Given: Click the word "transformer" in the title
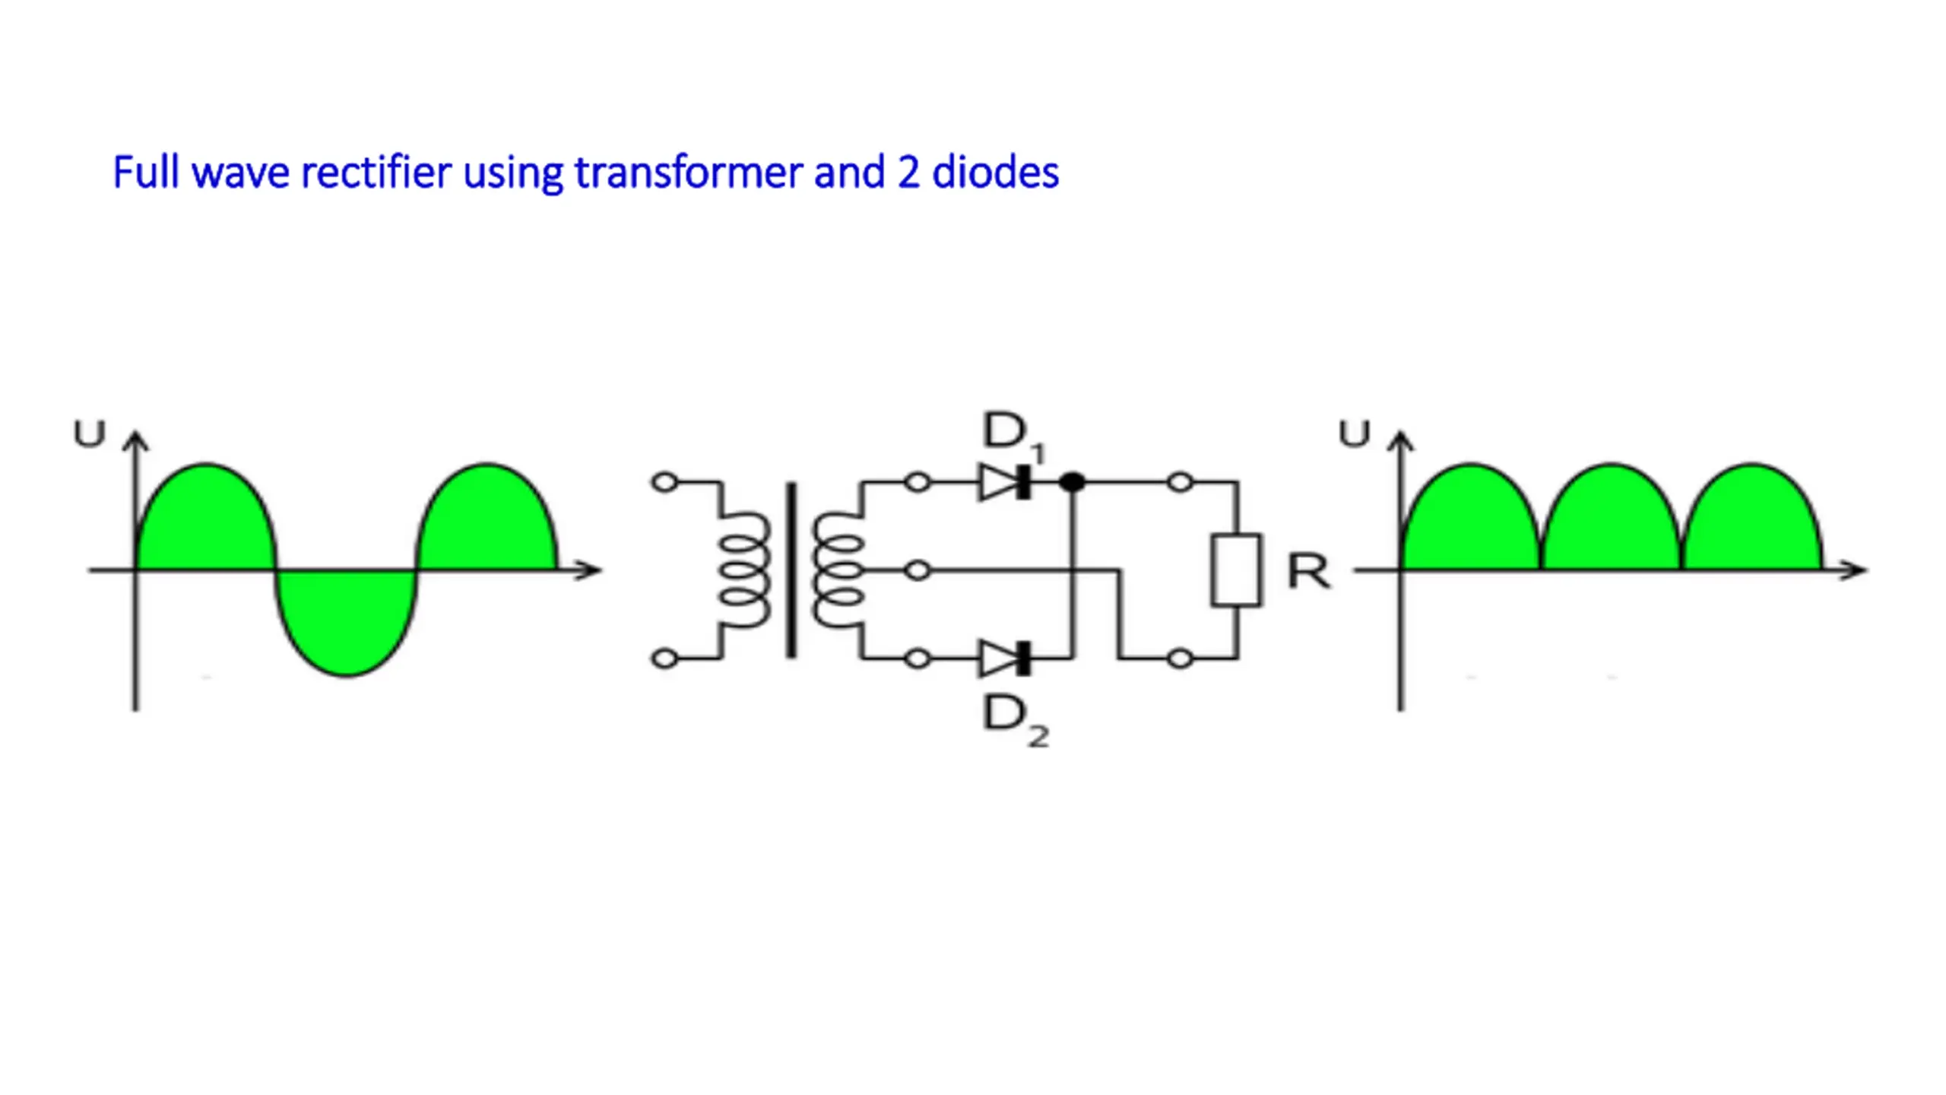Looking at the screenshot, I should pos(689,173).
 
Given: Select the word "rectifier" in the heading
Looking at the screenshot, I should pos(376,173).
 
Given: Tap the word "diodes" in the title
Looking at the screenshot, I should pos(995,173).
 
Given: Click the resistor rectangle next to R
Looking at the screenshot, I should pos(1236,570).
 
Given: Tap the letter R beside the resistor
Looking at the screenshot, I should pos(1308,572).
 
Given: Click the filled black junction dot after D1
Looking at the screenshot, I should pos(1072,482).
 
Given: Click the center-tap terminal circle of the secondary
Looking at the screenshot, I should pos(918,570).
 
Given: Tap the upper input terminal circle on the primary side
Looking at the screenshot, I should pos(664,482).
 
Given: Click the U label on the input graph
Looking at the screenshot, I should pos(89,434).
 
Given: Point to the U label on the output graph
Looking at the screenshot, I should pos(1354,434).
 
